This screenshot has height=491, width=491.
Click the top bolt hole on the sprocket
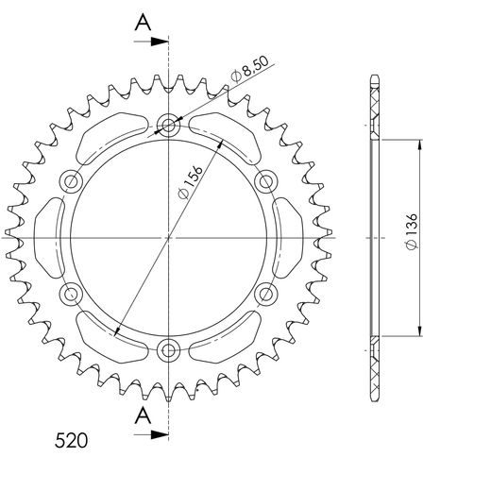[x=170, y=124]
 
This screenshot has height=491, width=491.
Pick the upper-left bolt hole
[x=72, y=180]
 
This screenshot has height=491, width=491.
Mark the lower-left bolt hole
[x=72, y=295]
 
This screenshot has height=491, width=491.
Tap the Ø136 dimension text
[x=410, y=231]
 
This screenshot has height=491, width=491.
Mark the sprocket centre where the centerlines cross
[x=170, y=237]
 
